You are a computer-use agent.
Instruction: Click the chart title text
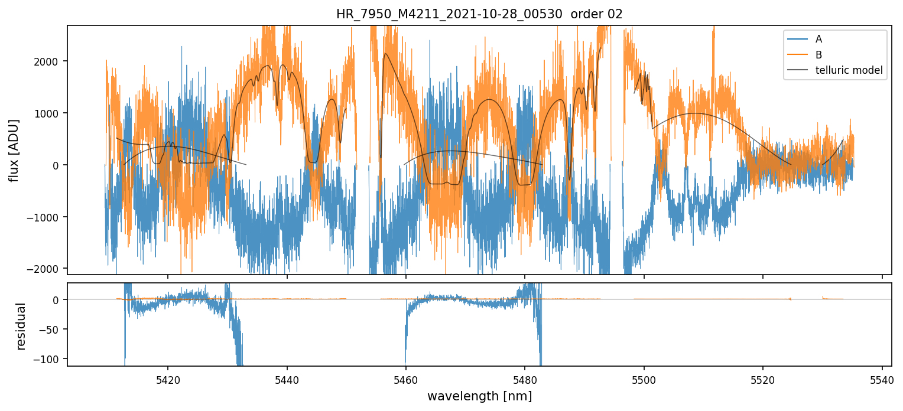[479, 14]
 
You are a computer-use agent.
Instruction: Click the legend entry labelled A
[818, 39]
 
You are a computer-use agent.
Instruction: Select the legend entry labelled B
[818, 55]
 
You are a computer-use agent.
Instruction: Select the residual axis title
[21, 326]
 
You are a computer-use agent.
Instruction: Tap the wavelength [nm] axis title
[479, 396]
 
